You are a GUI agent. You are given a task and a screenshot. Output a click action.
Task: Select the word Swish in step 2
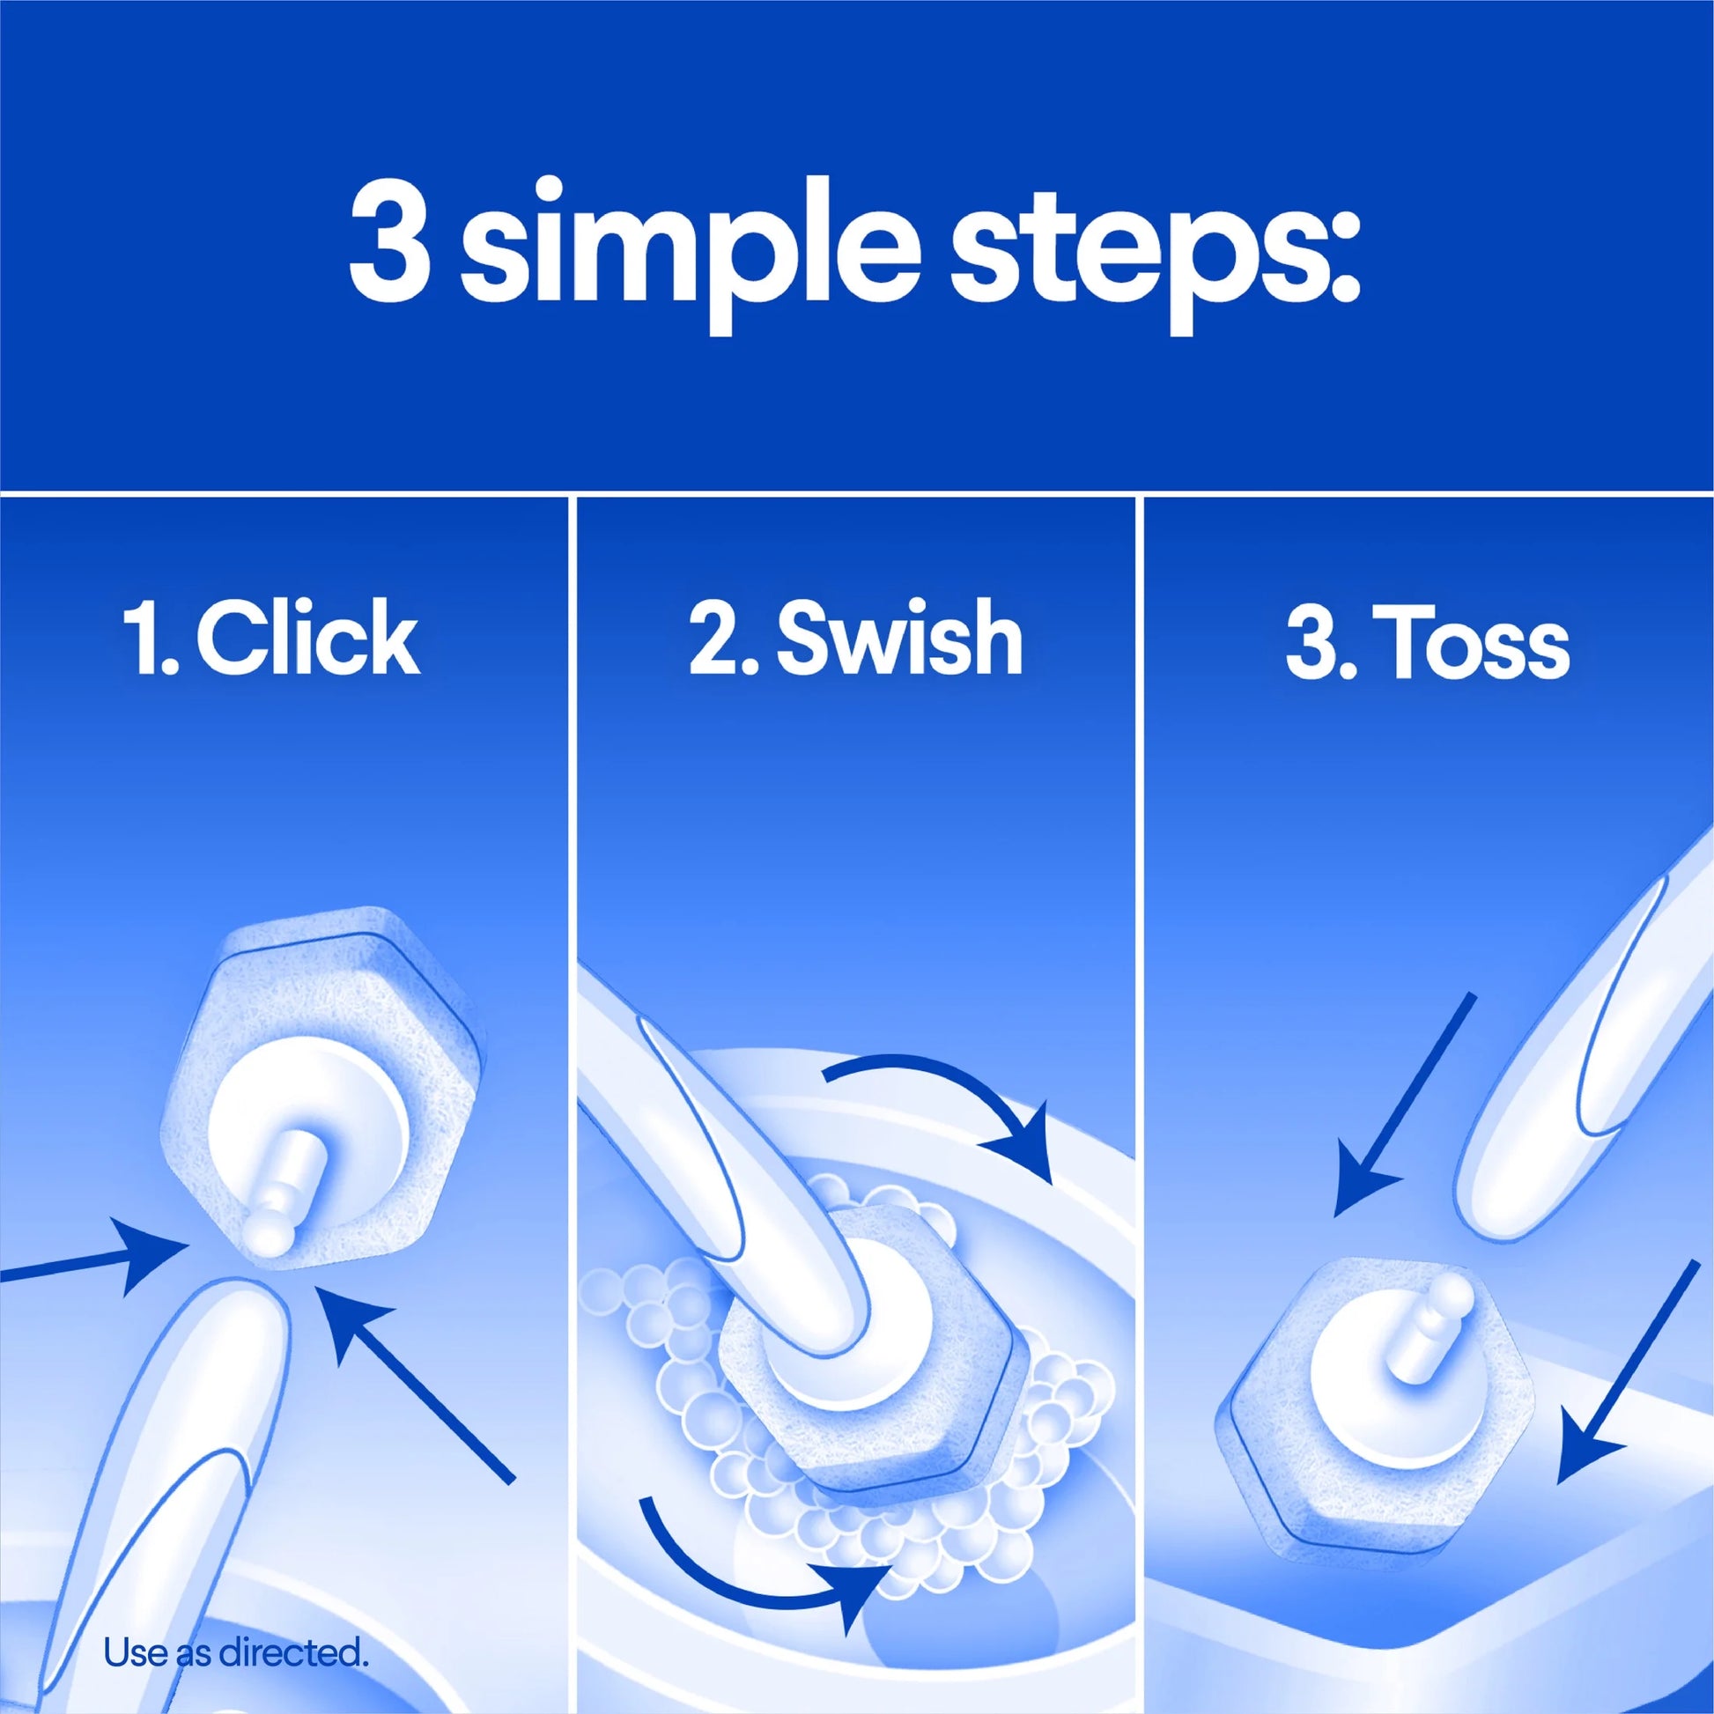click(x=899, y=638)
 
